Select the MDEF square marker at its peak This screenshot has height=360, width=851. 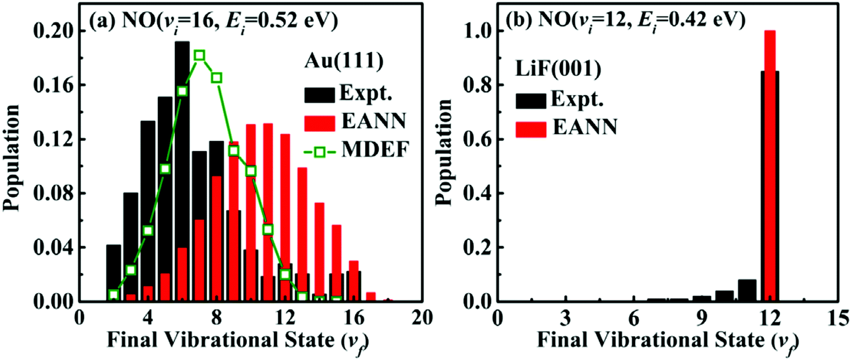[199, 55]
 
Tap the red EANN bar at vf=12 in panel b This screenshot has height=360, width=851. [770, 160]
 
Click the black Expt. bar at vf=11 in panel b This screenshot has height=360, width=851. [747, 290]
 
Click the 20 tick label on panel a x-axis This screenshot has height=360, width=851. [422, 318]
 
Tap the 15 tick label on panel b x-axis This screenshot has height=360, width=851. [838, 318]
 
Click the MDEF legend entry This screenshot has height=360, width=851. [356, 150]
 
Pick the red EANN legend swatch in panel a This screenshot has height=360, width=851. [320, 123]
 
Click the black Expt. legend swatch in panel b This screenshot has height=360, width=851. [530, 101]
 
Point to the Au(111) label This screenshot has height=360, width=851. [344, 61]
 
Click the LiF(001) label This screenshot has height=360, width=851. [558, 69]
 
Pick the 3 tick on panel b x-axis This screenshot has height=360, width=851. [565, 318]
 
